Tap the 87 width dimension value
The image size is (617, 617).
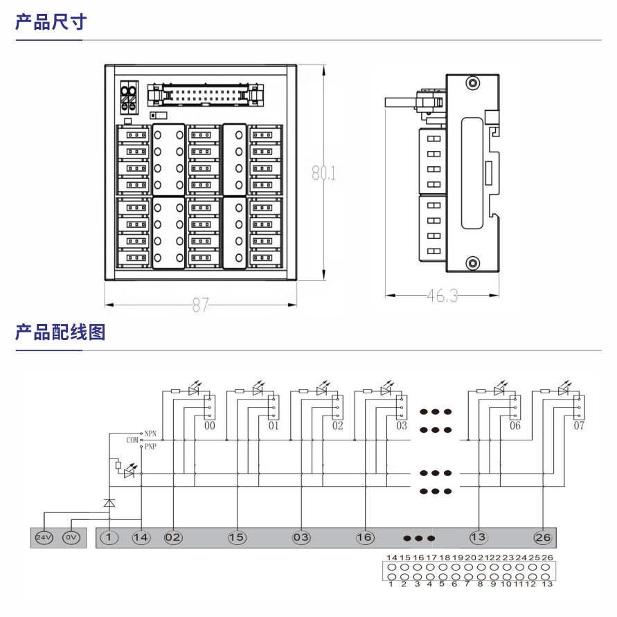click(200, 305)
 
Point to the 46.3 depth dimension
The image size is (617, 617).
click(442, 296)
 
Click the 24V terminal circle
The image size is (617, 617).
click(44, 537)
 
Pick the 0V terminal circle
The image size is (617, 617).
click(71, 537)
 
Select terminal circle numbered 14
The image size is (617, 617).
click(141, 537)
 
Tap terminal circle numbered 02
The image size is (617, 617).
click(173, 537)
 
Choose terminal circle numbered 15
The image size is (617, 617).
click(237, 537)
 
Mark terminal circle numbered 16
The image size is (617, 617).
click(365, 537)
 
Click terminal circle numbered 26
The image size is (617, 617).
click(543, 537)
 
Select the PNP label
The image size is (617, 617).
click(150, 447)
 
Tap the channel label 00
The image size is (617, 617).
click(210, 426)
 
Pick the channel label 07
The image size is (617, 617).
click(579, 426)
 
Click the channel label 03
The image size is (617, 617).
click(402, 426)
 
